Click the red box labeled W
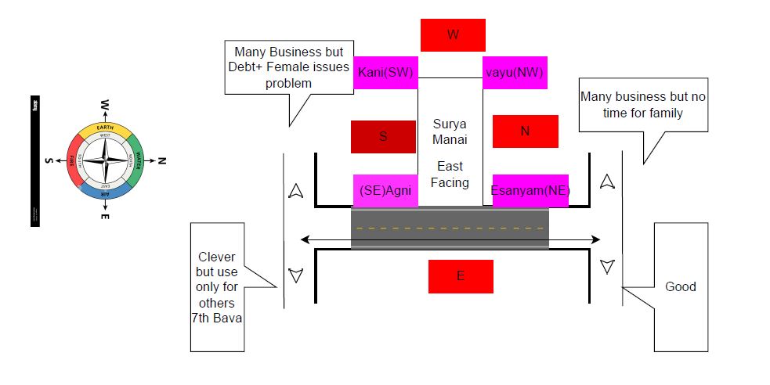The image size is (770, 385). [453, 34]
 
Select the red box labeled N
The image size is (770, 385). [525, 131]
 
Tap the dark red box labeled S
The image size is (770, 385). [383, 136]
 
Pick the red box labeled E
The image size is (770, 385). [461, 276]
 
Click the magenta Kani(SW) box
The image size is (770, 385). [385, 72]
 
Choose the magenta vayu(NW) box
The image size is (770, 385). [514, 72]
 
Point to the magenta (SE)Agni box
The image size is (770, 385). [385, 190]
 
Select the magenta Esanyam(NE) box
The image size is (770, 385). [530, 190]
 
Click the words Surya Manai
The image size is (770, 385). [450, 131]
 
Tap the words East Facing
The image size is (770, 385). [450, 174]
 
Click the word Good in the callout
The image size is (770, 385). [680, 286]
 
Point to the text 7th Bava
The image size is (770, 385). [217, 318]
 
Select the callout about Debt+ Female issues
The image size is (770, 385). [289, 67]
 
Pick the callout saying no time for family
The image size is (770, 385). [642, 104]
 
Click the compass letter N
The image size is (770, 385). [162, 160]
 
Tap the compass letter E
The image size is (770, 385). [104, 215]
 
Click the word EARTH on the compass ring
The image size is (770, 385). [104, 128]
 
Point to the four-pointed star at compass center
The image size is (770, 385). [104, 160]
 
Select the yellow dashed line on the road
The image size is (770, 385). [450, 228]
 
